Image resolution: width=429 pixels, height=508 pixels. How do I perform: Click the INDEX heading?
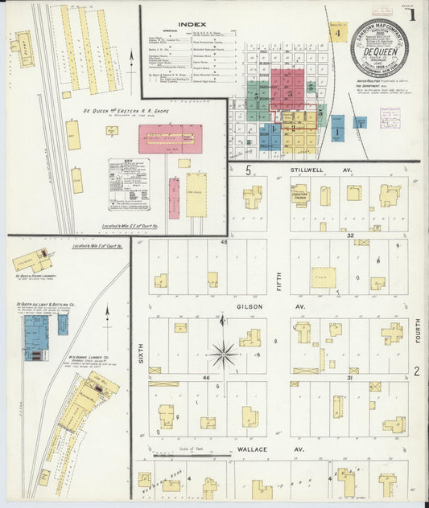tap(186, 25)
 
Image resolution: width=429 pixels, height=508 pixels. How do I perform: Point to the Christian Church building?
tap(299, 195)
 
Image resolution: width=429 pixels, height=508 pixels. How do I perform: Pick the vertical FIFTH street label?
tap(279, 278)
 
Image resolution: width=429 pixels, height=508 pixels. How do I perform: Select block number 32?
tap(350, 236)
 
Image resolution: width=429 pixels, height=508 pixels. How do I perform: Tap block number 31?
tap(350, 377)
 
